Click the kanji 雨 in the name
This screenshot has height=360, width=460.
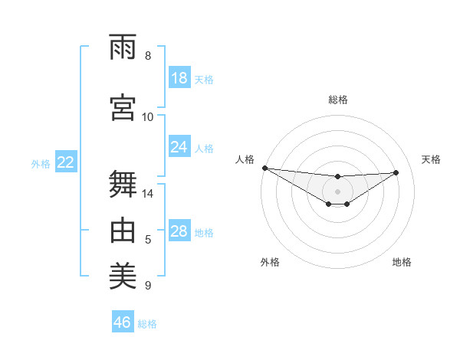point(123,47)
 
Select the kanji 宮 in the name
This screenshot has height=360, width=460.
point(123,106)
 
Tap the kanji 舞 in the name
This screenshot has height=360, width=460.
point(123,182)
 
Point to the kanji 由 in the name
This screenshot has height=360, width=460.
point(123,229)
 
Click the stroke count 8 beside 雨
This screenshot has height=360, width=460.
point(148,56)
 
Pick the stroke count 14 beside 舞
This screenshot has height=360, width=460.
point(148,194)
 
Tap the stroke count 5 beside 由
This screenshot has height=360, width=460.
point(148,241)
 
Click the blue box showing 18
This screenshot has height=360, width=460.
point(179,78)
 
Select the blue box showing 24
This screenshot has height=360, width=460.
point(179,146)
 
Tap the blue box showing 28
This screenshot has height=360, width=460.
point(179,231)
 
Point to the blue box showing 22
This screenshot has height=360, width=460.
point(66,162)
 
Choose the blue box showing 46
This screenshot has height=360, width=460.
point(123,322)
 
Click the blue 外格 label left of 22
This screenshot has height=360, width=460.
point(41,163)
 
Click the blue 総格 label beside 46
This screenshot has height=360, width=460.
point(148,323)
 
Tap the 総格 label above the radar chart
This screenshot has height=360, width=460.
point(338,100)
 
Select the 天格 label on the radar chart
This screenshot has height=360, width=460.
point(432,159)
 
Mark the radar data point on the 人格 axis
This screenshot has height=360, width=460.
point(264,168)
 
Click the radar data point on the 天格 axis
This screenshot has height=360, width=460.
point(396,172)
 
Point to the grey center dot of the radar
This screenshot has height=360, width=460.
point(338,190)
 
